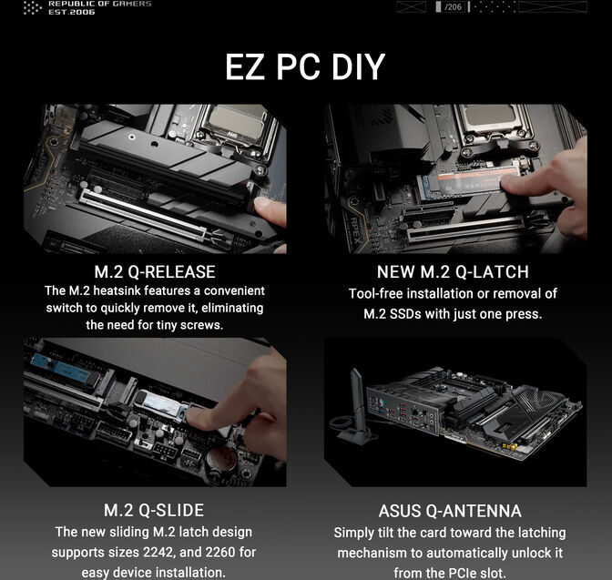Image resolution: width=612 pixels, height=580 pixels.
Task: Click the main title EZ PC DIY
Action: pyautogui.click(x=305, y=68)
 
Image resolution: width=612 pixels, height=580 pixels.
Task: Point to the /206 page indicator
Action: pyautogui.click(x=453, y=7)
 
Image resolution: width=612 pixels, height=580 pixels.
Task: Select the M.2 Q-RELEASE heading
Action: pyautogui.click(x=155, y=272)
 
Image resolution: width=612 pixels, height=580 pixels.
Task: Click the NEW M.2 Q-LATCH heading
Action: pyautogui.click(x=453, y=272)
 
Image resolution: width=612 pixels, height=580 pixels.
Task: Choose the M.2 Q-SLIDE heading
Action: pyautogui.click(x=155, y=510)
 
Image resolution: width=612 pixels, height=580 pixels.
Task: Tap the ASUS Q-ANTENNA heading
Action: pyautogui.click(x=450, y=511)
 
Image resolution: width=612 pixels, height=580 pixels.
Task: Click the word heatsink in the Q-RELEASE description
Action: pyautogui.click(x=128, y=291)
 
